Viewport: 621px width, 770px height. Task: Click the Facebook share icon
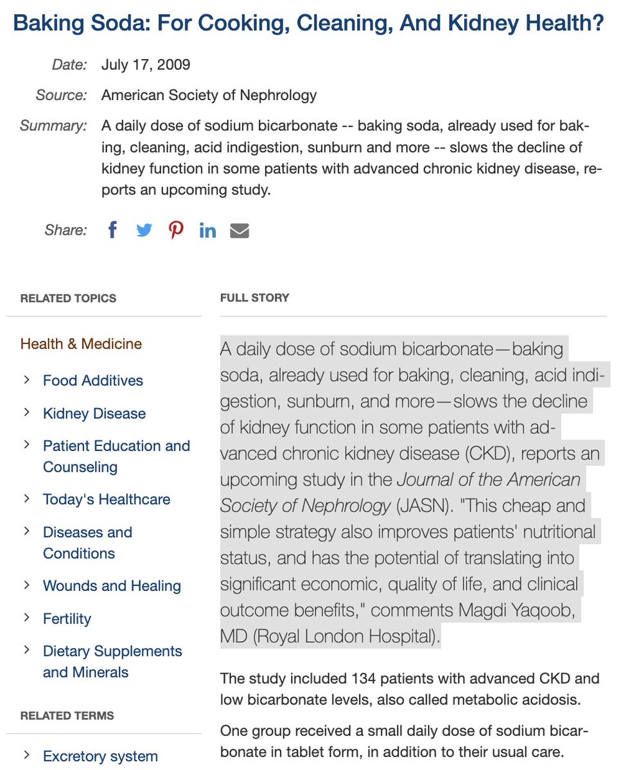point(112,230)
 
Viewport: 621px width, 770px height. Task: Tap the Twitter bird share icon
point(144,230)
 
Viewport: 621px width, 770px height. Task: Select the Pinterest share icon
point(176,230)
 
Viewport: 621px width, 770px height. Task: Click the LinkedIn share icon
point(207,230)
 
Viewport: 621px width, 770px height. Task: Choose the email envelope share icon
point(240,230)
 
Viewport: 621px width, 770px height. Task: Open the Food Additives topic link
point(92,381)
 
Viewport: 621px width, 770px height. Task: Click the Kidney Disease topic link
point(94,413)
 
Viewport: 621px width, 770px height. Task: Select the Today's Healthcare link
point(106,499)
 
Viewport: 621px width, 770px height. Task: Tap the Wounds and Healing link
point(112,586)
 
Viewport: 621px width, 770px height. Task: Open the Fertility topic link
point(67,619)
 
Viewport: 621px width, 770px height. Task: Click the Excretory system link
point(100,757)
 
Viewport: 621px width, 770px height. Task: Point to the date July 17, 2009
point(146,65)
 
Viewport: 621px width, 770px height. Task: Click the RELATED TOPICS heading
point(68,298)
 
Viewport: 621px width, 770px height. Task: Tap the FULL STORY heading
point(254,298)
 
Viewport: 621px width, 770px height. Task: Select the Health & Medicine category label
point(81,344)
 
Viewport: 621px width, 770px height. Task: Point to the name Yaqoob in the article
point(545,610)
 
